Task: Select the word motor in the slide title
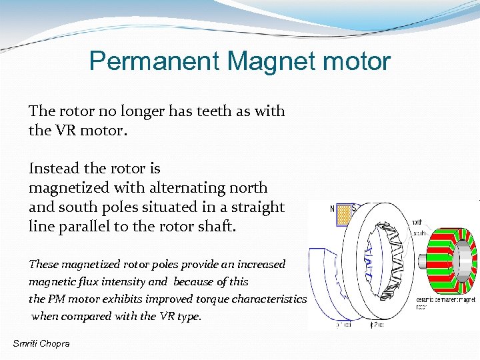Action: [x=357, y=62]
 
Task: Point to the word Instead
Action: [x=53, y=169]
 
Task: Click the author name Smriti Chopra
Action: [x=41, y=343]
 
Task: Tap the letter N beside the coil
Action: [x=333, y=209]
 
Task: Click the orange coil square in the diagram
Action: [x=344, y=214]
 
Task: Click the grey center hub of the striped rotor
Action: [x=456, y=257]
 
